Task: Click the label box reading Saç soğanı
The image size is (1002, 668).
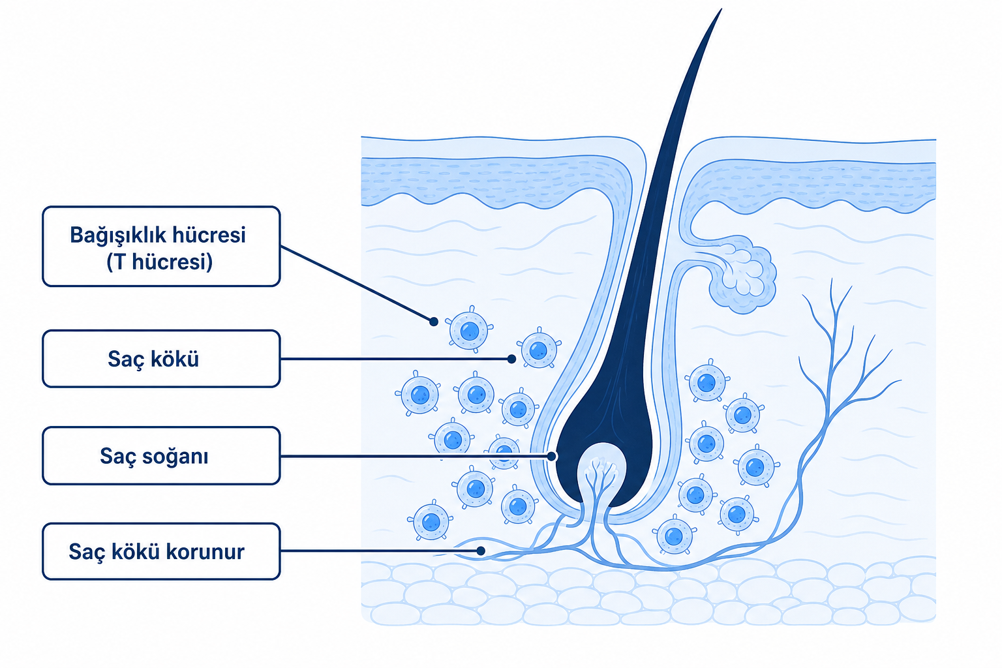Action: click(161, 455)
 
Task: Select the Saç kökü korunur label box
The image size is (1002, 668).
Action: click(161, 551)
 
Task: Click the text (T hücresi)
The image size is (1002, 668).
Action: click(159, 262)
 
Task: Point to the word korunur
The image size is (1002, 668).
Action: click(205, 552)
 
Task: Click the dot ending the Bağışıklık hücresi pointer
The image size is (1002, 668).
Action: click(433, 322)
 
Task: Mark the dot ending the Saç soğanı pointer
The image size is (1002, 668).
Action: click(551, 456)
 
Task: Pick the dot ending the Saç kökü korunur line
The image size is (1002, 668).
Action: click(481, 551)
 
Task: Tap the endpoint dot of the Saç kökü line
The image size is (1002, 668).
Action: click(511, 359)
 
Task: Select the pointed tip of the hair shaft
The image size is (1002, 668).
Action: click(721, 9)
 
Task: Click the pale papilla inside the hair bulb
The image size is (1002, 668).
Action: click(601, 470)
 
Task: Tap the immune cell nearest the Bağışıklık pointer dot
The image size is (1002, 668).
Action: click(469, 330)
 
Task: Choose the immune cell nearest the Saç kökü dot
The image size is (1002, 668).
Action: click(539, 350)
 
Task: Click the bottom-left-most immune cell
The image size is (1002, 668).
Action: click(431, 522)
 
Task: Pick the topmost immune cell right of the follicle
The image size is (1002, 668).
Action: click(706, 382)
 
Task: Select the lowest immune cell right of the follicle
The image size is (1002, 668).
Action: click(674, 536)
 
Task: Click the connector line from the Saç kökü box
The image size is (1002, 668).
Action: click(396, 359)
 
